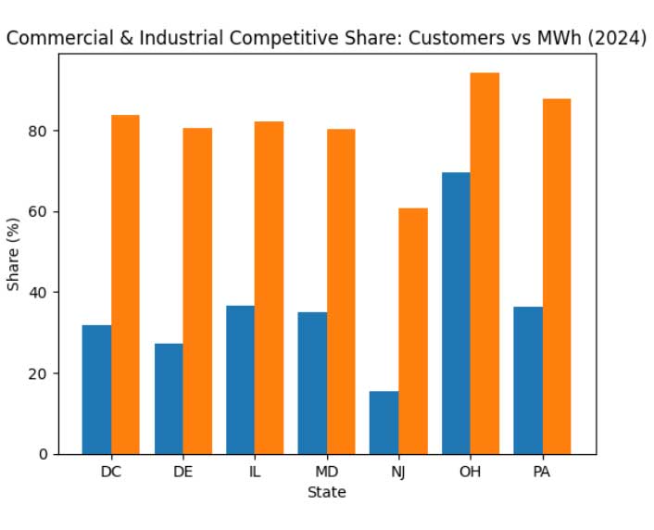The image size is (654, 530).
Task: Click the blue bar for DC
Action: (x=96, y=389)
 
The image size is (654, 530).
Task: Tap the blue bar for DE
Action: (x=169, y=398)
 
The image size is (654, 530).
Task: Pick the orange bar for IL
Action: (x=270, y=287)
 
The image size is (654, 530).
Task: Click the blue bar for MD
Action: (x=312, y=383)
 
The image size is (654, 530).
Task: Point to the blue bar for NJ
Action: (x=384, y=423)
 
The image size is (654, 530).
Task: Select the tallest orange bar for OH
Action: (x=484, y=263)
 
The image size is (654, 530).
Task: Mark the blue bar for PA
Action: (x=528, y=380)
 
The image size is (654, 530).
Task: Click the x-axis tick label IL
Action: (x=255, y=472)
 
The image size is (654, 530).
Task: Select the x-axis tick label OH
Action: (x=471, y=472)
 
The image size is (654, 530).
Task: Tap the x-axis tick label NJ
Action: (x=398, y=472)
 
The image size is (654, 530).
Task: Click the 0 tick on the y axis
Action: (x=43, y=454)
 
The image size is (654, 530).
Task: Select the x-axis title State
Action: (x=327, y=493)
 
